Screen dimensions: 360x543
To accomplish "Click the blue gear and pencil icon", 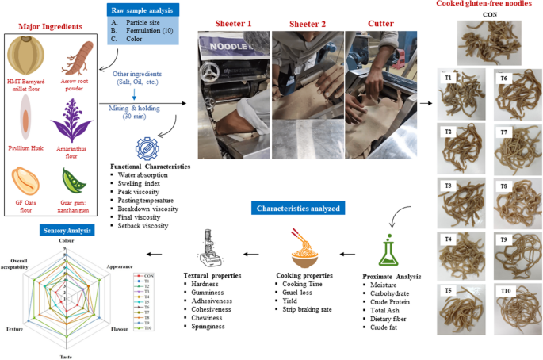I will pos(147,147).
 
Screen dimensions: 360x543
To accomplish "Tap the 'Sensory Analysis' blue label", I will pos(69,231).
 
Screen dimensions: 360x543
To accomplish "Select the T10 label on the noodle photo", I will pos(507,292).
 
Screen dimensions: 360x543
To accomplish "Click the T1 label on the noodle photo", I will pos(449,79).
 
